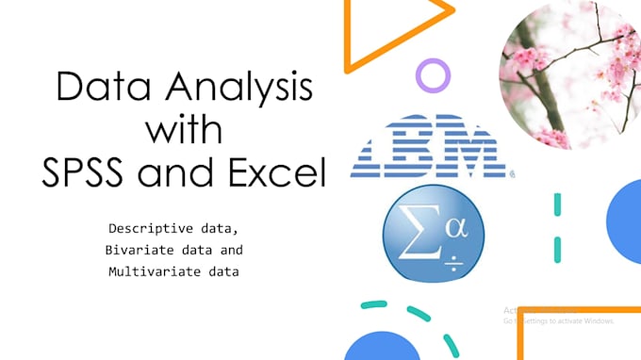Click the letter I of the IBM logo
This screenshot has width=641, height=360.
(x=373, y=147)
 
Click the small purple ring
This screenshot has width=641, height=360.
(x=433, y=74)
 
